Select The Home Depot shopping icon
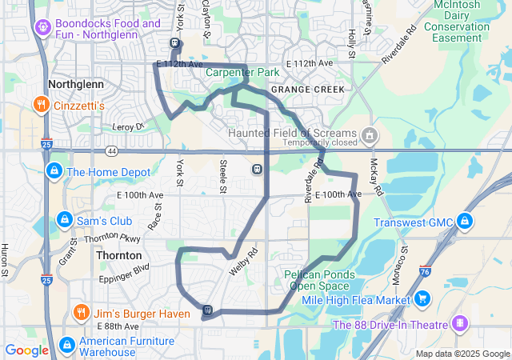click(54, 171)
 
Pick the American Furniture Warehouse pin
click(66, 346)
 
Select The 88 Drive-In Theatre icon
click(459, 324)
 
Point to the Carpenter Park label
click(242, 73)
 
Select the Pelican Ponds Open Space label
click(318, 278)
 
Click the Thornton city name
click(118, 255)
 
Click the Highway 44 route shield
click(111, 150)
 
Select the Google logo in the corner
click(27, 350)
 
